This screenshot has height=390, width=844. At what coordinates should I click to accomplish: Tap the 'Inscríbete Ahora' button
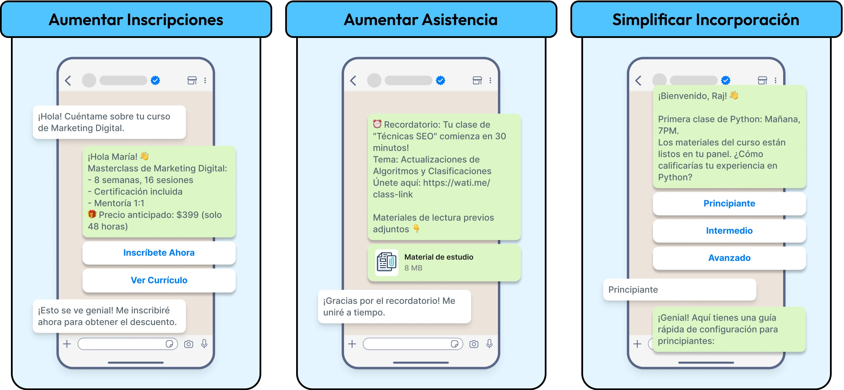pos(159,253)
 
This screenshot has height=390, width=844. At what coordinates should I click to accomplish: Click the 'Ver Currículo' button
pos(159,280)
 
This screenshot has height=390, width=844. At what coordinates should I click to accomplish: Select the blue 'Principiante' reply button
pos(729,204)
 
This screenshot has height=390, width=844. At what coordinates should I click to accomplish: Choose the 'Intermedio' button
pos(729,231)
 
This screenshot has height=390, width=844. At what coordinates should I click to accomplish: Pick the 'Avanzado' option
pos(729,258)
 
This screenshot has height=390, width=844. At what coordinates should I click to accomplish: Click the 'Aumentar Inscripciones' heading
pos(136,20)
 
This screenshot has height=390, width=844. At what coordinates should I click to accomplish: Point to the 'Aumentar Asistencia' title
pos(421,20)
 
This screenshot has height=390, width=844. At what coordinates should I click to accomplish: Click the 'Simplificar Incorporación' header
pos(706,20)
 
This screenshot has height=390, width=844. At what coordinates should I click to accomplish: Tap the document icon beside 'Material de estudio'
pos(386,263)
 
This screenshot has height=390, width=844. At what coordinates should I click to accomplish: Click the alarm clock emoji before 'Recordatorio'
pos(377,124)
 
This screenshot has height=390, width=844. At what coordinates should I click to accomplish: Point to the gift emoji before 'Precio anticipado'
pos(92,214)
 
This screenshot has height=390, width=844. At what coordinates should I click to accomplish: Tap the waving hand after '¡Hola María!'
pos(145,156)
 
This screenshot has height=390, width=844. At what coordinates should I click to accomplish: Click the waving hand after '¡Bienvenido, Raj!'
pos(734,95)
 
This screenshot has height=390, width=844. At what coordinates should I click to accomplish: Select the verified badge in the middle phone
pos(440,80)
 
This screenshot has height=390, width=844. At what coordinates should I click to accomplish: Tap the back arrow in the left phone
pos(68,81)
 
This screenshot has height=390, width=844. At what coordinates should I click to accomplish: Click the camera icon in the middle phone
pos(474,344)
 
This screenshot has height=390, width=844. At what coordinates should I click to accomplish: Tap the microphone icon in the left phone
pos(204,344)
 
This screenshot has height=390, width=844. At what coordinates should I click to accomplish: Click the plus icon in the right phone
pos(637,344)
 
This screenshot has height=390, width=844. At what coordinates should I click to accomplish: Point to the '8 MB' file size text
pos(413,268)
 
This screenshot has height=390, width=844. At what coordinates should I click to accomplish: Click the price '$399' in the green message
pos(187,215)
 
